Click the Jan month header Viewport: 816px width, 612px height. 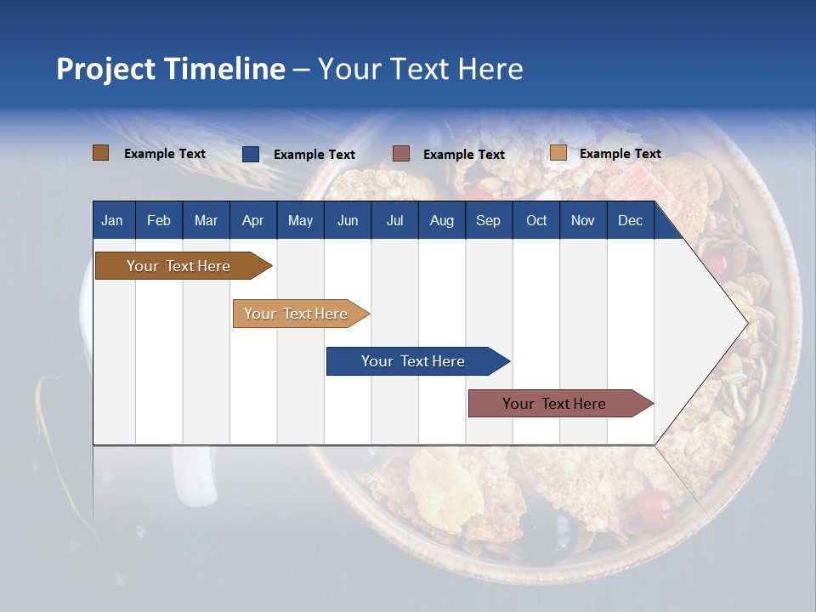pyautogui.click(x=112, y=220)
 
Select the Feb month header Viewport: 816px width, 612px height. pyautogui.click(x=159, y=220)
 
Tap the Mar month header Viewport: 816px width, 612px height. pyautogui.click(x=206, y=220)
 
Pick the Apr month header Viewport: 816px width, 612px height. pyautogui.click(x=252, y=220)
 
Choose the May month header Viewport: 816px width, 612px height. pyautogui.click(x=300, y=220)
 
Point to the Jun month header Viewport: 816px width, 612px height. pyautogui.click(x=348, y=220)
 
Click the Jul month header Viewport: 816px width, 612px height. pyautogui.click(x=394, y=220)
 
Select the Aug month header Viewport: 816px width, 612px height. pyautogui.click(x=442, y=220)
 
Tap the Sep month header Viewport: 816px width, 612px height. pyautogui.click(x=488, y=220)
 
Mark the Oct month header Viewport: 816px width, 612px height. pyautogui.click(x=536, y=220)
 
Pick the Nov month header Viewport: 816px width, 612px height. pyautogui.click(x=583, y=220)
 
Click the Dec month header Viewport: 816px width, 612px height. pyautogui.click(x=630, y=220)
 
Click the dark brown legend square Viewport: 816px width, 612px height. pyautogui.click(x=100, y=153)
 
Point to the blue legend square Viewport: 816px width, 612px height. pyautogui.click(x=250, y=154)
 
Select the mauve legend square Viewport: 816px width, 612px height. pyautogui.click(x=401, y=154)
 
